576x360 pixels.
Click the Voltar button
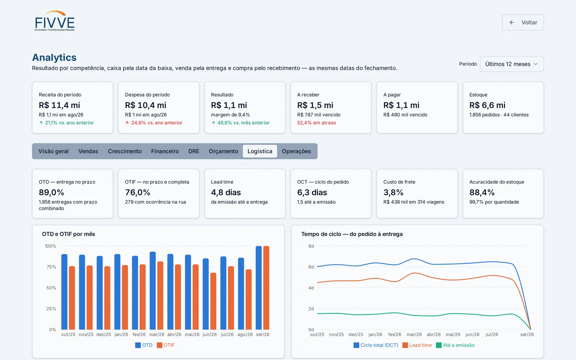pos(523,22)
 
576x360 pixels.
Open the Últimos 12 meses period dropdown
pos(512,64)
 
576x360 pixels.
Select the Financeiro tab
pos(165,151)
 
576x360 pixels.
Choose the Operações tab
pos(296,151)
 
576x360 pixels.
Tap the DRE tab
pos(194,151)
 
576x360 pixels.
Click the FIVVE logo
pos(55,21)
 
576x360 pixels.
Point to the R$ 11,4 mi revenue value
pos(59,105)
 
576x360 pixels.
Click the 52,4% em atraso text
pos(316,123)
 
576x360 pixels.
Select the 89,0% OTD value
pos(51,192)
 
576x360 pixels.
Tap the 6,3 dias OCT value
pos(312,192)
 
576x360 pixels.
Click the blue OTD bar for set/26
pos(259,288)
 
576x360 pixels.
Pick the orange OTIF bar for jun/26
pos(213,301)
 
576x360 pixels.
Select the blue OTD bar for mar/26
pos(153,291)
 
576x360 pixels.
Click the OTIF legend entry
pos(166,345)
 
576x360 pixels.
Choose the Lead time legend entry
pos(417,345)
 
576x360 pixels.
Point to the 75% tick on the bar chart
pos(51,267)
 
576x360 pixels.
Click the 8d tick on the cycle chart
pos(311,246)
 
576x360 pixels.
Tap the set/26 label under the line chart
pos(527,334)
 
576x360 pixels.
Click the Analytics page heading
pos(54,57)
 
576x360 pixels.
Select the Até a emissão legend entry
pos(455,345)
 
